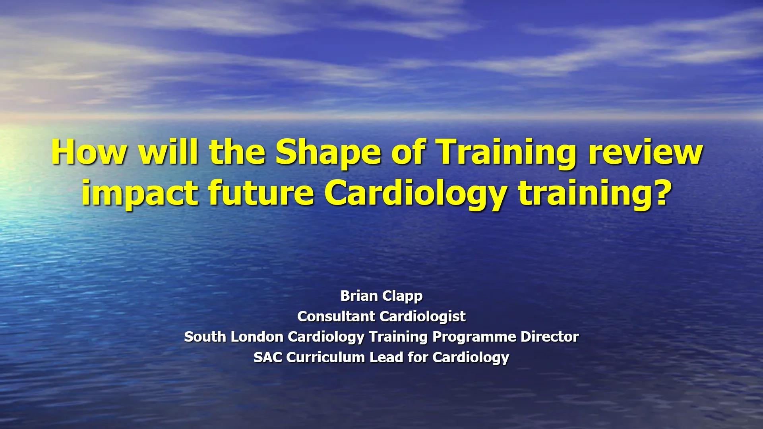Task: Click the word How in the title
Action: point(88,153)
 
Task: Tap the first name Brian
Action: point(359,296)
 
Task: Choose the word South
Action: point(205,337)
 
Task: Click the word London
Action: point(257,337)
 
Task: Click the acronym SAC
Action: point(268,357)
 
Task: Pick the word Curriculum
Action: point(326,357)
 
